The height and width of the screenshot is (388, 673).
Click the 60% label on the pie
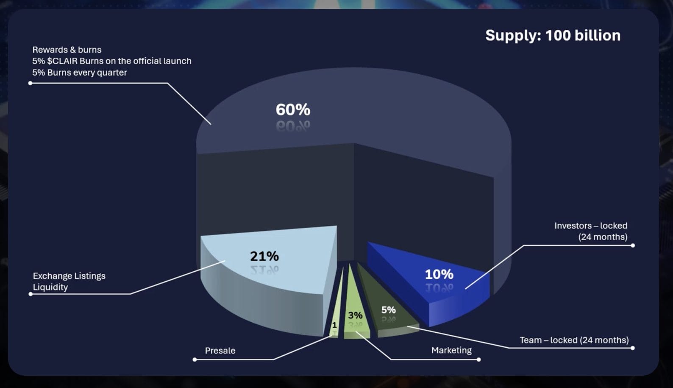click(293, 110)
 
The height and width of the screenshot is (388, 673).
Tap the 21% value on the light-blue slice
click(264, 256)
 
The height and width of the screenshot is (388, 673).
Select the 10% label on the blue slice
click(439, 274)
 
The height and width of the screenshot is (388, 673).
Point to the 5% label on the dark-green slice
click(389, 310)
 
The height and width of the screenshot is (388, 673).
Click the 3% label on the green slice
click(355, 315)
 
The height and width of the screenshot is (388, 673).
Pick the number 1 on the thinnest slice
click(334, 325)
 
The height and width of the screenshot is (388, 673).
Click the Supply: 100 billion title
click(553, 36)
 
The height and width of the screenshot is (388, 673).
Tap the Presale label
click(220, 351)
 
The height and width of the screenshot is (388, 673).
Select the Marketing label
click(451, 350)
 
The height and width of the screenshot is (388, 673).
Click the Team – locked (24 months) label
click(574, 340)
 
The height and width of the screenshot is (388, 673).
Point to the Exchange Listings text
click(69, 276)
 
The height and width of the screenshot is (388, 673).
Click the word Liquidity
click(50, 287)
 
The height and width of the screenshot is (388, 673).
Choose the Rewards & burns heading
click(67, 50)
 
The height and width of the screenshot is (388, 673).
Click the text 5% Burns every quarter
click(80, 73)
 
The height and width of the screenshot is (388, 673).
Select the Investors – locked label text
click(591, 226)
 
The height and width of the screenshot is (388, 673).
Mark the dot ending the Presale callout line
click(195, 360)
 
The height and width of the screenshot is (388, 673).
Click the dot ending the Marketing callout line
click(478, 360)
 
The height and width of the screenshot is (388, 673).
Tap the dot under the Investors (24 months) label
click(633, 246)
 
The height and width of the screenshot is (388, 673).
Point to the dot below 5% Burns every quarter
click(31, 83)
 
